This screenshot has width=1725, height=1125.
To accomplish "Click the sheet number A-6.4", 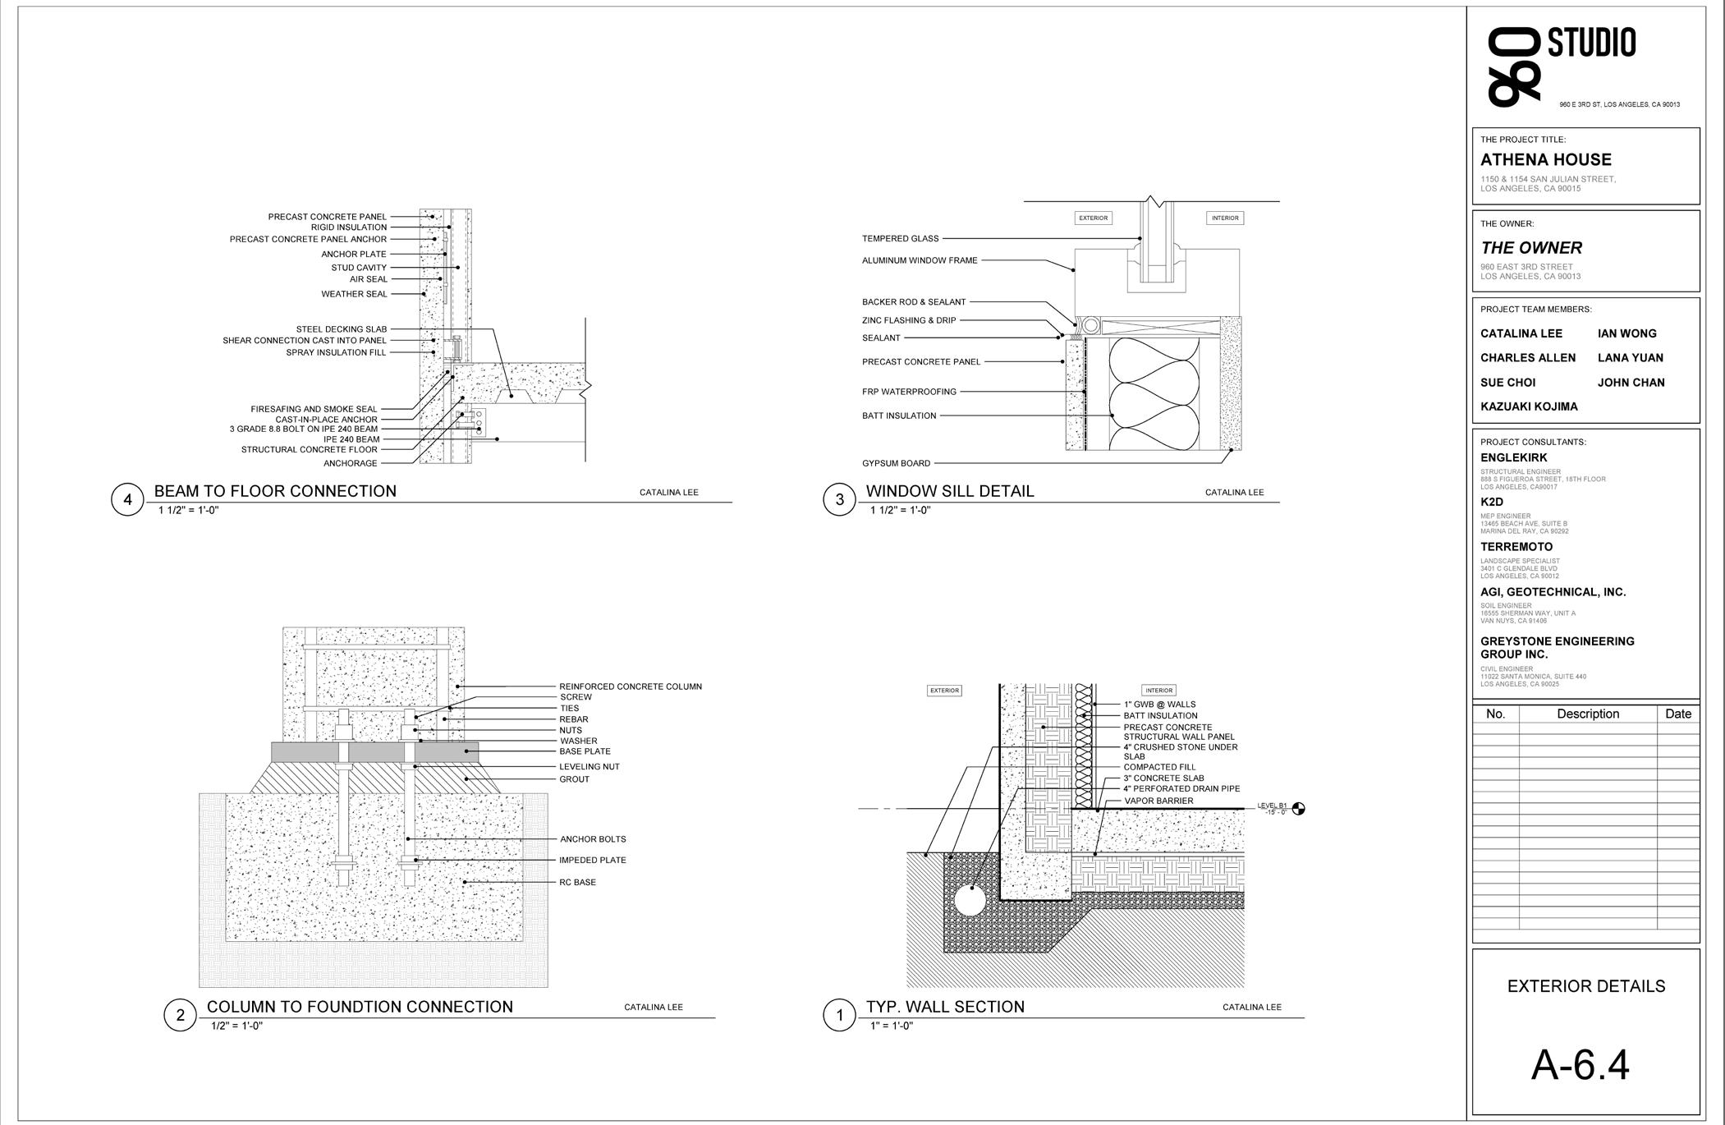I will tap(1580, 1065).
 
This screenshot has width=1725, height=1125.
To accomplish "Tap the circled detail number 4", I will tap(127, 500).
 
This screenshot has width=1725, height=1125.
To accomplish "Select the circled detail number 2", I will tap(180, 1016).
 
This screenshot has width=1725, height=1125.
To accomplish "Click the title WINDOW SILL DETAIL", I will tap(950, 491).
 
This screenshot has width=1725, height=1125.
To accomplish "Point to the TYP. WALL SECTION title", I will tap(945, 1007).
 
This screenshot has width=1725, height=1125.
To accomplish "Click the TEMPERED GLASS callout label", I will tap(900, 239).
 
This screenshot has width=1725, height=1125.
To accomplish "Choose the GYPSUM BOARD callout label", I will tap(896, 463).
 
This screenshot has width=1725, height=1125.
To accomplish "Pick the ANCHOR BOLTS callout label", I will tap(593, 839).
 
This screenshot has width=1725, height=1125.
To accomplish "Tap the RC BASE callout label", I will tap(578, 882).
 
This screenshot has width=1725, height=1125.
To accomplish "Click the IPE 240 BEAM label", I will tap(351, 439).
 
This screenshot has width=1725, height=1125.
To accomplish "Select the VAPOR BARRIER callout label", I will tap(1158, 801).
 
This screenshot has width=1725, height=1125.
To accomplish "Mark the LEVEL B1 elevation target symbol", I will tap(1298, 809).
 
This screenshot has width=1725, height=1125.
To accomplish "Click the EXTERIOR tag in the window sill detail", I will tap(1093, 218).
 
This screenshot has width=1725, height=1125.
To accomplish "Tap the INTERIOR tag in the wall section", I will tap(1158, 691).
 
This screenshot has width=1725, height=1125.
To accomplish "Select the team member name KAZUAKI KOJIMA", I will tap(1529, 406).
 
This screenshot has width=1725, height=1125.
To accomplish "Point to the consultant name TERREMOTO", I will tap(1516, 547).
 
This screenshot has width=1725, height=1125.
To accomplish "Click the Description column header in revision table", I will tap(1587, 714).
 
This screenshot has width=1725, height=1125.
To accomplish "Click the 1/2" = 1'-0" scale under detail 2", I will tap(236, 1026).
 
